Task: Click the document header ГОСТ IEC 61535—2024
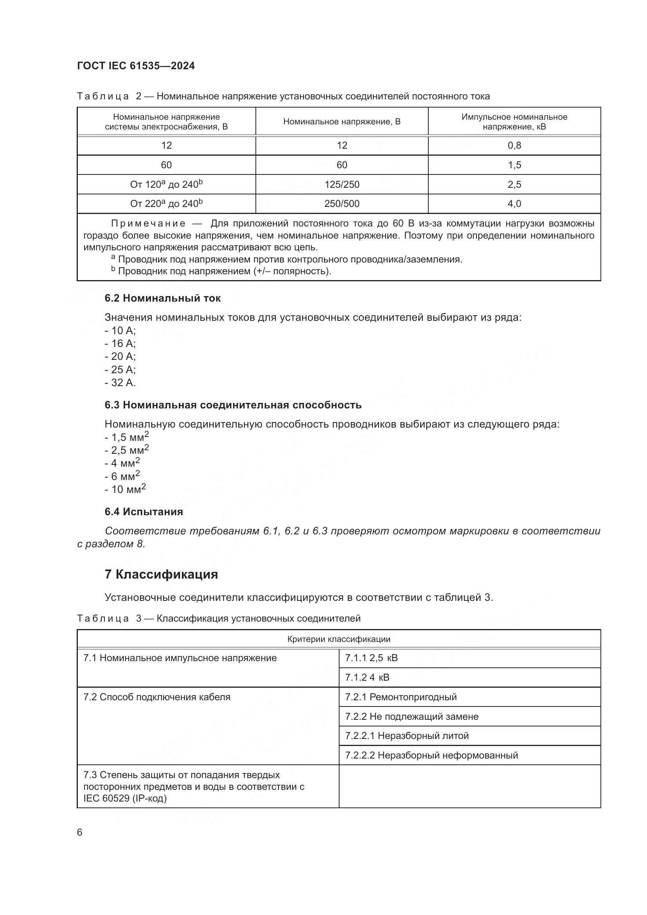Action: click(136, 66)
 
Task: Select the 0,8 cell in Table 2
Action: click(514, 146)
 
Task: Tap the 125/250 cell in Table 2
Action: click(341, 185)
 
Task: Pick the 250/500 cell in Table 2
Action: click(341, 204)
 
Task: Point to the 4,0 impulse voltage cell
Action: click(514, 204)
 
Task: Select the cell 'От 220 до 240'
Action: click(166, 204)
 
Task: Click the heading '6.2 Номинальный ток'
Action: click(163, 298)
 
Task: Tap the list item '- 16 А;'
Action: click(120, 343)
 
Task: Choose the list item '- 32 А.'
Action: click(120, 383)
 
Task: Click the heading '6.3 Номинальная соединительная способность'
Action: click(233, 405)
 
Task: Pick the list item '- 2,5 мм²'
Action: click(127, 450)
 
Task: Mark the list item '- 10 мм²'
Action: click(125, 489)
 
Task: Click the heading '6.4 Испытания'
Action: click(144, 512)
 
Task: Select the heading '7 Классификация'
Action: click(161, 574)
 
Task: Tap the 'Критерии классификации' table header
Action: click(339, 639)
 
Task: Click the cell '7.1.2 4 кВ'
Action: click(367, 678)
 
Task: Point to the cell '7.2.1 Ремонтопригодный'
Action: click(401, 697)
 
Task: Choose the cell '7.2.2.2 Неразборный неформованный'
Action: click(431, 755)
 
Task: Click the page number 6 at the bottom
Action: click(80, 832)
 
